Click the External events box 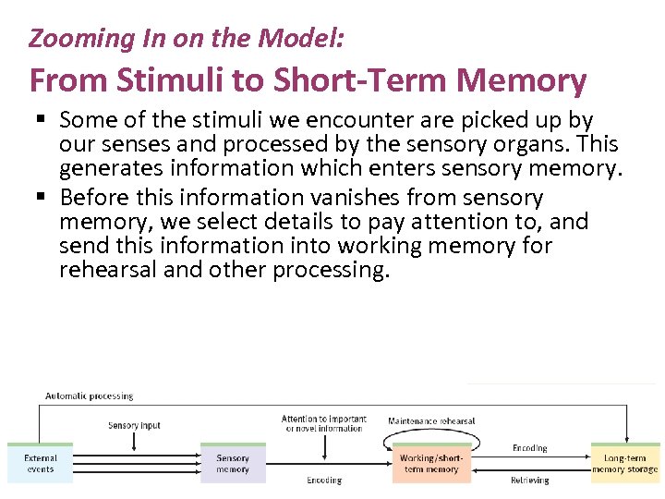[x=40, y=464]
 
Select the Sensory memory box [x=233, y=464]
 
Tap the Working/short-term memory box [x=430, y=464]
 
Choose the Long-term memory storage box [x=625, y=464]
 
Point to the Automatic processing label [x=90, y=396]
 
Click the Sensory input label [x=134, y=426]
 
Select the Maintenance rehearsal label [x=431, y=421]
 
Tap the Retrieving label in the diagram [x=530, y=481]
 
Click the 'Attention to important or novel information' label [x=324, y=423]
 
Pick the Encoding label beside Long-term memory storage [x=530, y=448]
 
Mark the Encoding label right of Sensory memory [x=324, y=481]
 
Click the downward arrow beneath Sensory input [x=135, y=441]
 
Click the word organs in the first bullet [x=533, y=144]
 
